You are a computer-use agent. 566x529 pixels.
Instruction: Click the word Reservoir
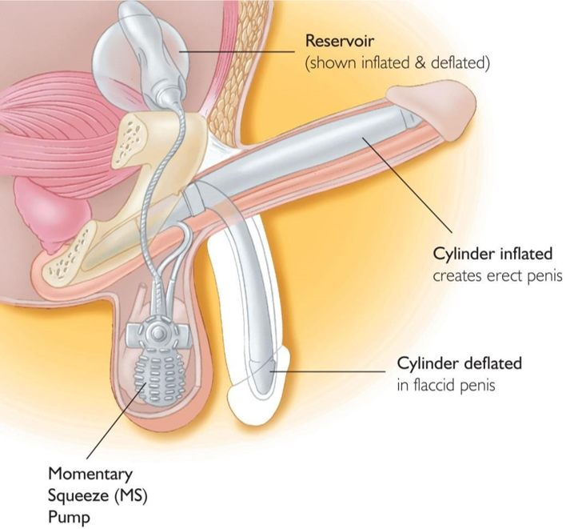pyautogui.click(x=339, y=41)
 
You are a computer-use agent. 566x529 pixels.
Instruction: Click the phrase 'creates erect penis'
pyautogui.click(x=497, y=276)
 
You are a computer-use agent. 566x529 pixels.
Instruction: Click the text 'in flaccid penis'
pyautogui.click(x=446, y=385)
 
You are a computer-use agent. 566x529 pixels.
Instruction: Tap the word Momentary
pyautogui.click(x=90, y=474)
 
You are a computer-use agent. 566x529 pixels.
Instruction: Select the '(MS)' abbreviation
pyautogui.click(x=131, y=495)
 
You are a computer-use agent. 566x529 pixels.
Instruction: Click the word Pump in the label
pyautogui.click(x=69, y=518)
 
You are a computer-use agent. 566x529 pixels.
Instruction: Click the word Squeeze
pyautogui.click(x=79, y=496)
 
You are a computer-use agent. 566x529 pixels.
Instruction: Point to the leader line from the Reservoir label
pyautogui.click(x=237, y=52)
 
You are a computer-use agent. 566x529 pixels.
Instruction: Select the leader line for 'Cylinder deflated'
pyautogui.click(x=328, y=371)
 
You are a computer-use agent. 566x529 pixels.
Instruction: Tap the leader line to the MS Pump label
pyautogui.click(x=116, y=421)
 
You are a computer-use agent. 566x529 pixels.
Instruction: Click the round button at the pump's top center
pyautogui.click(x=157, y=334)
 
